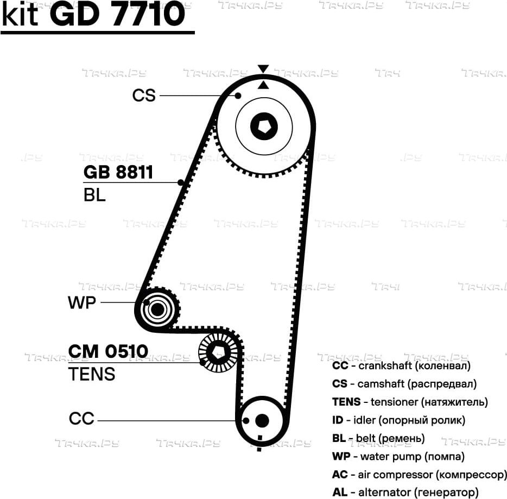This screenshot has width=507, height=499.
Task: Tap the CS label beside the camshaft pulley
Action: point(144,96)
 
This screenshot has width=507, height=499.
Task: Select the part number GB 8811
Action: point(118,172)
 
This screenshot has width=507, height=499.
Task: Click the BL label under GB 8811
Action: point(94,195)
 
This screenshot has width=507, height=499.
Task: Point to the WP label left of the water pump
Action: point(82,302)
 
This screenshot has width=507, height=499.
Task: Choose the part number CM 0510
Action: point(109,351)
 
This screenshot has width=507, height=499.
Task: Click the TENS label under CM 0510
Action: point(92,374)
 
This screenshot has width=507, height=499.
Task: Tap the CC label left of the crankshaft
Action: point(81,419)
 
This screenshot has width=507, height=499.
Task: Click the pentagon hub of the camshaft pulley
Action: point(264,127)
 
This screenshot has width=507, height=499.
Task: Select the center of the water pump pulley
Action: point(157,310)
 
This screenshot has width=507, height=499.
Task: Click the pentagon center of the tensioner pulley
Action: point(217,353)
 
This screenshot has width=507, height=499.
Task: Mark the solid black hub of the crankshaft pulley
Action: point(262,421)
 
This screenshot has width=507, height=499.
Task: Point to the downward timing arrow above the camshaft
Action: point(263,69)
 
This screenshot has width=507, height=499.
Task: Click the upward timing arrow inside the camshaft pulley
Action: point(263,85)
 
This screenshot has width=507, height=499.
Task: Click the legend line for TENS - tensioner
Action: point(410,402)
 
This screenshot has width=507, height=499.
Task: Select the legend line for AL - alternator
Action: point(405,492)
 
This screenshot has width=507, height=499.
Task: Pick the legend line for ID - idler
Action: point(398,420)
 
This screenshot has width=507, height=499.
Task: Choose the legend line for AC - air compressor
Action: point(420,475)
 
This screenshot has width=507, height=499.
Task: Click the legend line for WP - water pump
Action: point(398,457)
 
